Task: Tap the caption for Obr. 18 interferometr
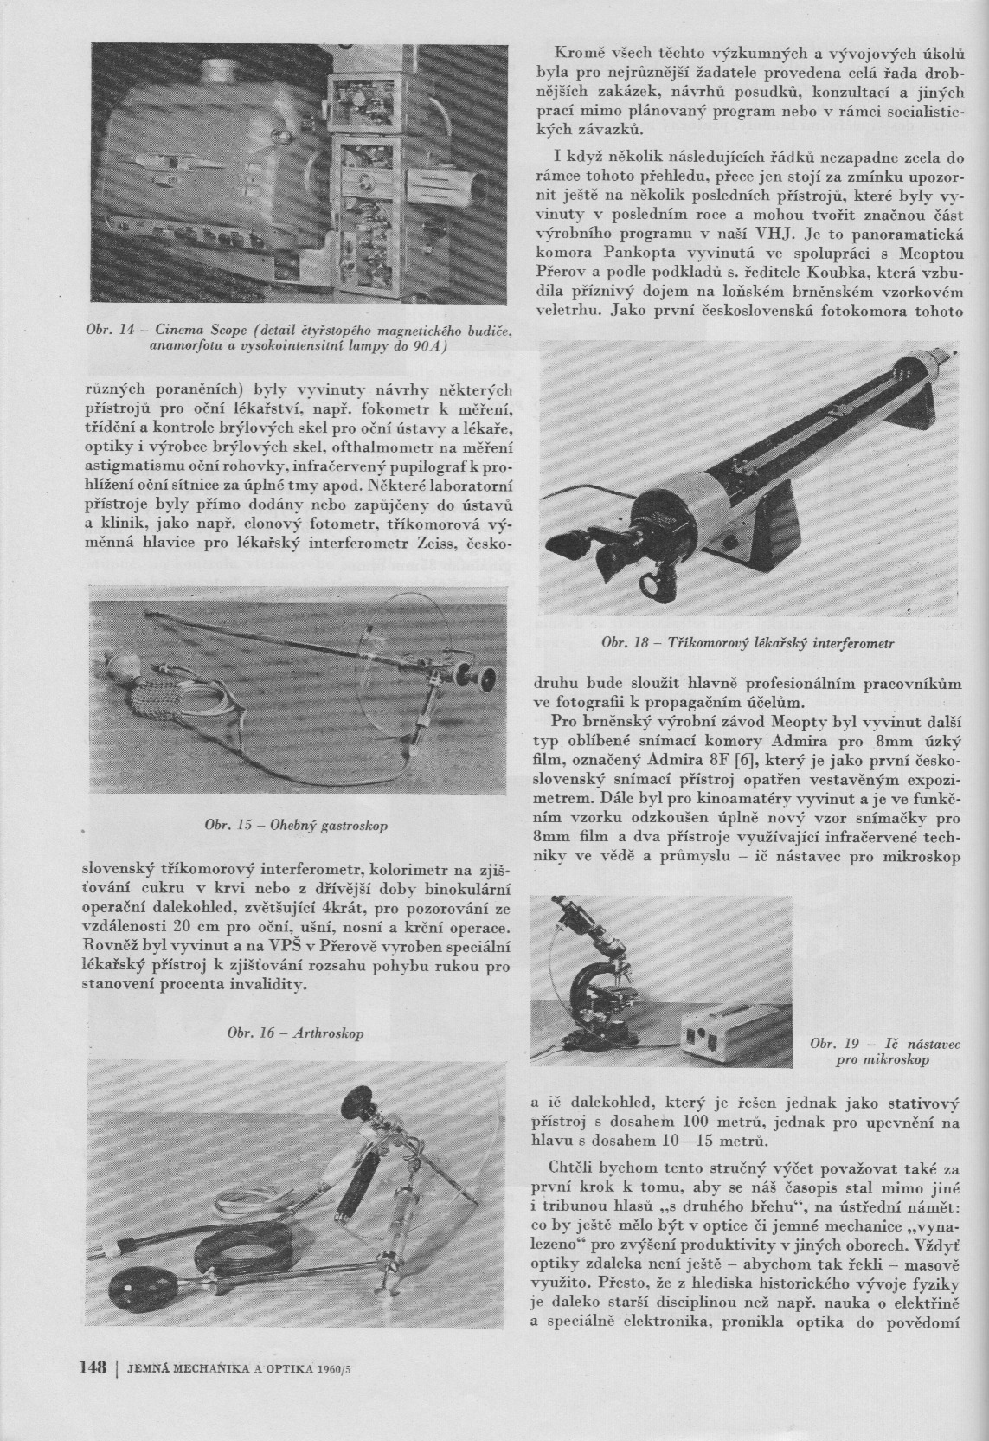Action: (747, 643)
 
